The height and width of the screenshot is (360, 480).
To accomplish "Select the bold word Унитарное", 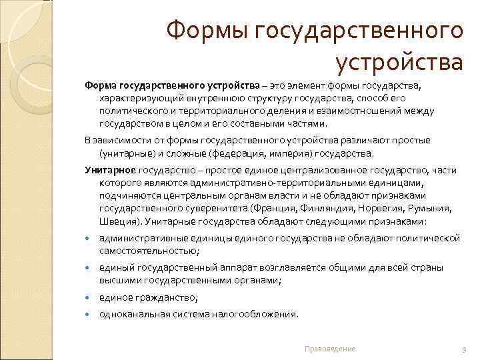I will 110,170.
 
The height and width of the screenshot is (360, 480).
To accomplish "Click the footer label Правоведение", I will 329,349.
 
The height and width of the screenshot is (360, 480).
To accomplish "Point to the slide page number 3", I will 463,349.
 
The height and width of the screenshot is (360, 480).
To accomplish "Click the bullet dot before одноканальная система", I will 89,314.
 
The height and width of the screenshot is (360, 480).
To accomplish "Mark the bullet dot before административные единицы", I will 89,239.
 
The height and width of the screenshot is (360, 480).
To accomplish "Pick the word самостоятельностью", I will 149,250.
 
